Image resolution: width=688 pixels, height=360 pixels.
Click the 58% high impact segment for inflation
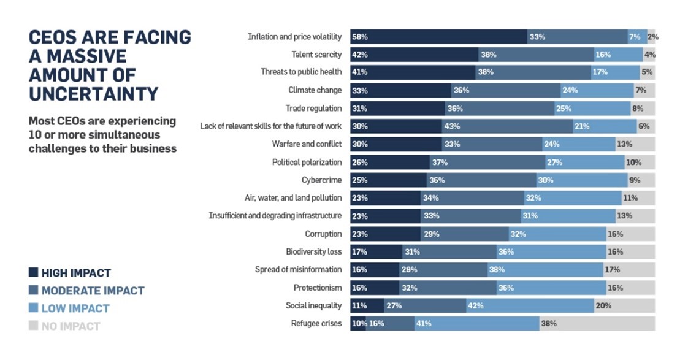(x=438, y=37)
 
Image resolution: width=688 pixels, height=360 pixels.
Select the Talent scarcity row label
(x=316, y=55)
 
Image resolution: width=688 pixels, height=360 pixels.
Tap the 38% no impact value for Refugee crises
(x=548, y=323)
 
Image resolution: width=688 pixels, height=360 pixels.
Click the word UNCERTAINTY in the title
(x=93, y=94)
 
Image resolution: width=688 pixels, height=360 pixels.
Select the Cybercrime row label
(x=321, y=180)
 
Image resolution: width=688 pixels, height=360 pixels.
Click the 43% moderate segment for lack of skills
(x=507, y=126)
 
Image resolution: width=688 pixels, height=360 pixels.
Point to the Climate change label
(x=315, y=90)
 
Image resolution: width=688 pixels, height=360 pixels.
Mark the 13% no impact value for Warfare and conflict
(x=624, y=144)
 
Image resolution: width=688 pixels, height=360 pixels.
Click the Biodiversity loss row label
(x=313, y=251)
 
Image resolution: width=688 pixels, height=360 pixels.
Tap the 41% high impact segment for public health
(x=413, y=72)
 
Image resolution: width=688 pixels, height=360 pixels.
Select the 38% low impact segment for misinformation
(x=545, y=269)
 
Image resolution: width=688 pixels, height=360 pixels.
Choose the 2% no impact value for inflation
(x=652, y=37)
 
